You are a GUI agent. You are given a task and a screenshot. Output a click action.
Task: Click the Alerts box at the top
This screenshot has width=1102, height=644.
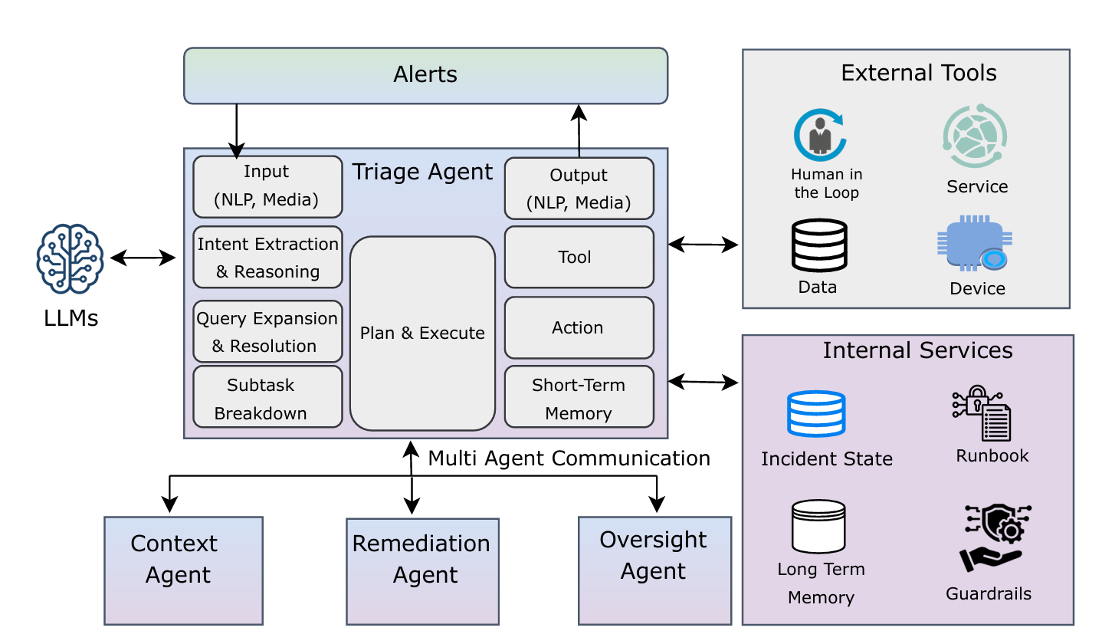coord(425,75)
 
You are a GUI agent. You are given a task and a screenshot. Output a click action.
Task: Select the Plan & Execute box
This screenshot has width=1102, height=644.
coord(422,333)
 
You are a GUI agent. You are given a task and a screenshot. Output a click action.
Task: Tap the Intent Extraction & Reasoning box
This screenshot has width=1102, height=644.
coord(267,258)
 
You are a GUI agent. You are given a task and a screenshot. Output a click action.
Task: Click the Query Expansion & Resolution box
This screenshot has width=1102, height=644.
coord(267,332)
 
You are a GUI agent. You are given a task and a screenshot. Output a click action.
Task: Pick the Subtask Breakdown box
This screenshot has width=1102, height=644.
coord(267,397)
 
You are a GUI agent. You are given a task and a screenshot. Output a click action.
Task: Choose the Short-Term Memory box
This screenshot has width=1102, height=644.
coord(579,397)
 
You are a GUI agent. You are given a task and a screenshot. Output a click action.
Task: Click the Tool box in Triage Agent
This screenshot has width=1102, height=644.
coord(579,257)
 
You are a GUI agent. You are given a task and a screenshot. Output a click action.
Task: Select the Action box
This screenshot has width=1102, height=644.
coord(579,327)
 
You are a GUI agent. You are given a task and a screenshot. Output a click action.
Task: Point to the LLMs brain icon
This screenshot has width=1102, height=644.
coord(70,258)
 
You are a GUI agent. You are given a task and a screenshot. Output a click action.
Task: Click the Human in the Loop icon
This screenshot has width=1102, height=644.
coord(819,135)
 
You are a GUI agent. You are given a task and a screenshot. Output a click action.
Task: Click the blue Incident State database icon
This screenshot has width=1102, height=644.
coord(816,414)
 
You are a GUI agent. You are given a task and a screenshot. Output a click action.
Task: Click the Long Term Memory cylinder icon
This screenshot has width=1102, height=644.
coord(818,527)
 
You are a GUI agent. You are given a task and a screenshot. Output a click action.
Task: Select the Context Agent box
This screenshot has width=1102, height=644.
coord(183,570)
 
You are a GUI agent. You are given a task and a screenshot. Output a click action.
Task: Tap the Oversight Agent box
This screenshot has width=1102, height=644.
coord(654,570)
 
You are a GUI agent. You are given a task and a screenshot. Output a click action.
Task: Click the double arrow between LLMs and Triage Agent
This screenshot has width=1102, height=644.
coord(143,258)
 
